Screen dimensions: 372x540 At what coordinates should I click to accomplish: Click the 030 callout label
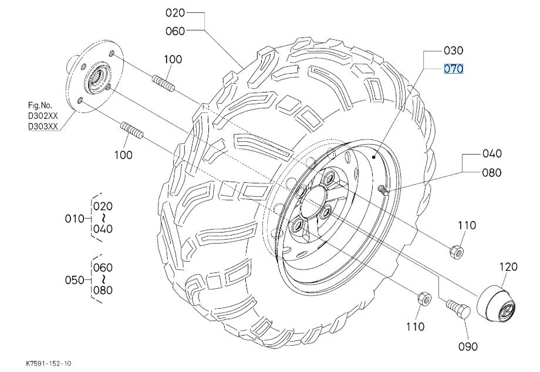tap(454, 50)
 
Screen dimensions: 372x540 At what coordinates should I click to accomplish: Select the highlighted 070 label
tap(454, 69)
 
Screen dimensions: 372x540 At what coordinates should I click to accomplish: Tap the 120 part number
tap(508, 267)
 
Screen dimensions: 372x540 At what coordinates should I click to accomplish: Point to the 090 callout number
tap(468, 346)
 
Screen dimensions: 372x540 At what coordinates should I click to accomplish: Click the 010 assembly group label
tap(73, 219)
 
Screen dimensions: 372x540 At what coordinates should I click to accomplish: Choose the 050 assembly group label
tap(73, 279)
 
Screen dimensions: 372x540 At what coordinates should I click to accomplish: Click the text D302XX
tap(43, 116)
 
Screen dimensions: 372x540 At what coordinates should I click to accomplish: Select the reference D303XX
tap(43, 126)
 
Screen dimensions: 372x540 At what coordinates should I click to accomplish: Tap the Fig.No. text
tap(41, 106)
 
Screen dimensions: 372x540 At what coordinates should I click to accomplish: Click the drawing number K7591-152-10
tap(49, 364)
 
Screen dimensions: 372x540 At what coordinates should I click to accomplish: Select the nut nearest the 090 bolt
tap(421, 299)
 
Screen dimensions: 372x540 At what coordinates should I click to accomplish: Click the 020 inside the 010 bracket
tap(103, 206)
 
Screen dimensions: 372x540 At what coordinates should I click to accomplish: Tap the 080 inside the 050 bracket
tap(103, 290)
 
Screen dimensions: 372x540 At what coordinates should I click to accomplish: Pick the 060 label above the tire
tap(176, 31)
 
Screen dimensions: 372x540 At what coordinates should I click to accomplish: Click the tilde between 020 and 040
tap(103, 217)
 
